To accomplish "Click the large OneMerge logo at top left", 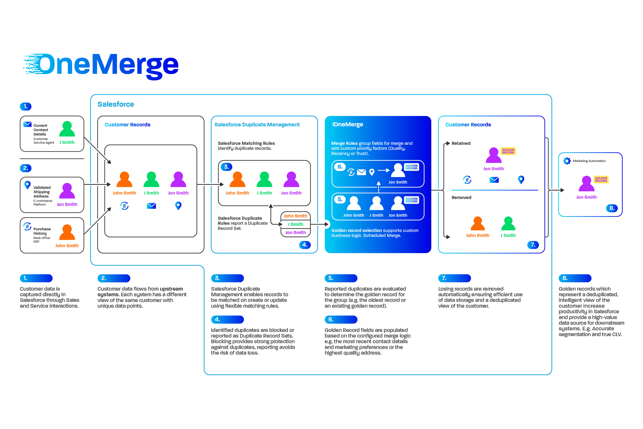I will click(x=101, y=66).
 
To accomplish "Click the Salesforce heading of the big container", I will click(x=116, y=104).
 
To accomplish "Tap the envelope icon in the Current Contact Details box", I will click(x=27, y=124).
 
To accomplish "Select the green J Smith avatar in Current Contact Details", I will click(x=67, y=129).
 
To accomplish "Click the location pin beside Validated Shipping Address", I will click(x=27, y=185).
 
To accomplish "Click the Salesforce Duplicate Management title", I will click(x=257, y=124).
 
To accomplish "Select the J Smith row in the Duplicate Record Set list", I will click(x=295, y=224).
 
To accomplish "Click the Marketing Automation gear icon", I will click(x=567, y=161).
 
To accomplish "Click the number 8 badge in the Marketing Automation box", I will click(x=612, y=208).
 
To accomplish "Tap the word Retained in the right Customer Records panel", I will click(x=461, y=143).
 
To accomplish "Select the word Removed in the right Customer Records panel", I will click(x=461, y=197).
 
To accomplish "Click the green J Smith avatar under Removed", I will click(x=508, y=224).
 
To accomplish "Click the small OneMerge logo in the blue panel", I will click(x=347, y=124).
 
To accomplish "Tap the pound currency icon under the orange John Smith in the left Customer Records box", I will click(x=124, y=206).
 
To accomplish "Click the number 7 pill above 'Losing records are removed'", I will click(x=454, y=278).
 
